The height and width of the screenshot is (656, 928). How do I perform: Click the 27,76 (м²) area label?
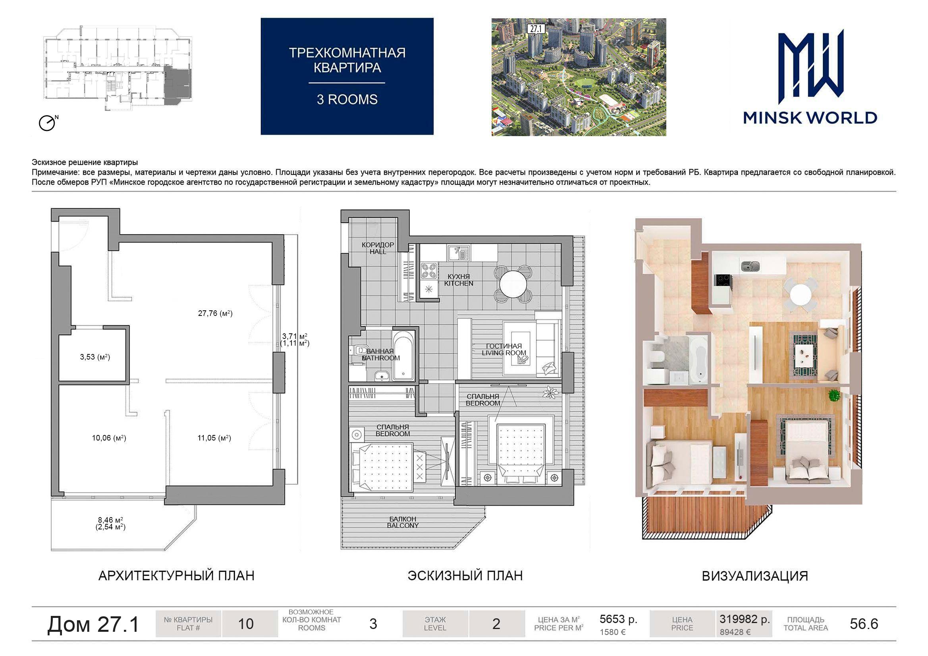(x=215, y=313)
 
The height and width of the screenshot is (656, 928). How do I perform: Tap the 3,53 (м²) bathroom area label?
(x=95, y=357)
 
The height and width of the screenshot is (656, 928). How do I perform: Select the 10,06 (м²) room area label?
(x=109, y=438)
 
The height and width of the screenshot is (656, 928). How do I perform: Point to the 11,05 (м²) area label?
(x=214, y=438)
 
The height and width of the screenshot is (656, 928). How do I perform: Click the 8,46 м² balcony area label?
(x=110, y=520)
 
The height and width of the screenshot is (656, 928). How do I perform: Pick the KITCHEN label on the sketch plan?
(x=458, y=284)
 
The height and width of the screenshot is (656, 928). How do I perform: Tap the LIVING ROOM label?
(x=504, y=353)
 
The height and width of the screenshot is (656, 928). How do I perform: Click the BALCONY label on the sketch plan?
(x=403, y=525)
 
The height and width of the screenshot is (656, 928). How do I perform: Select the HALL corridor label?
(x=378, y=252)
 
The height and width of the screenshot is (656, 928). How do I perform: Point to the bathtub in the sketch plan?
(x=404, y=356)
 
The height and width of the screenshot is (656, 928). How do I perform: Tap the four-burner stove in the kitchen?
(x=429, y=271)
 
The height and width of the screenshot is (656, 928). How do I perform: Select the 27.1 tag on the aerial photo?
(x=536, y=29)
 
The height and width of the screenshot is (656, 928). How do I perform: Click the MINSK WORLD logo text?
(x=810, y=117)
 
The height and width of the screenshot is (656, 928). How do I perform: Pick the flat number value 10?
(x=246, y=624)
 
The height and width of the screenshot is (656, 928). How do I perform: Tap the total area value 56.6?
(x=864, y=624)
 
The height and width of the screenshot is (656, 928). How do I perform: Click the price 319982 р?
(x=745, y=619)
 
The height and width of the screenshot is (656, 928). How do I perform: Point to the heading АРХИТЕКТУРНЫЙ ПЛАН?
(x=176, y=575)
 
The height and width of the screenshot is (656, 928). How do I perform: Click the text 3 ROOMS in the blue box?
(x=347, y=99)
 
